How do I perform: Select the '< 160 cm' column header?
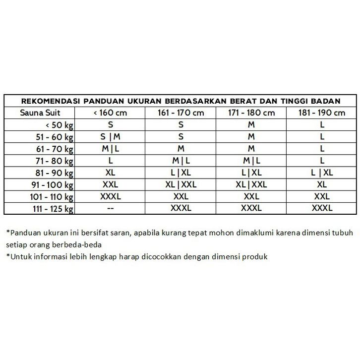coord(110,113)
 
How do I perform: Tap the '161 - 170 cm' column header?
coord(180,113)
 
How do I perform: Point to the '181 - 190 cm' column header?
coord(322,113)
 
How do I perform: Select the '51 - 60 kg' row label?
coord(54,137)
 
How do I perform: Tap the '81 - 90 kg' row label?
coord(54,173)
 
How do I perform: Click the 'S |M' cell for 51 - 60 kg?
coord(110,137)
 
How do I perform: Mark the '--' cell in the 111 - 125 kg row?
coord(110,209)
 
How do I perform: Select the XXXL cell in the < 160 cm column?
coord(110,197)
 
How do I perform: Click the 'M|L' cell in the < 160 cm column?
coord(110,149)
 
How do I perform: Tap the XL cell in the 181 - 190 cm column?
coord(322,185)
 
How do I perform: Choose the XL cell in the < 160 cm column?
coord(110,173)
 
